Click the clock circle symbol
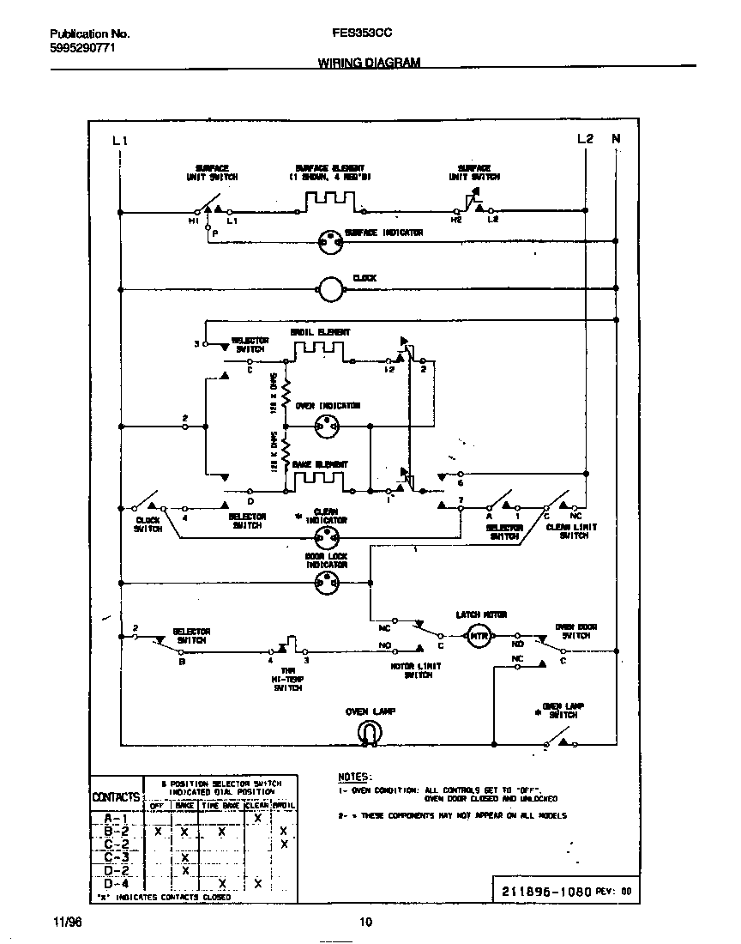point(330,290)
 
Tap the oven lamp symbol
point(369,730)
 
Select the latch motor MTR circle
point(477,635)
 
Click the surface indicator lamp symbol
point(330,243)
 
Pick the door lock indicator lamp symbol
point(328,584)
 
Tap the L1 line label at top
point(120,140)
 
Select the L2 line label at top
point(585,139)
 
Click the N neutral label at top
point(615,139)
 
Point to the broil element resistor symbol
point(319,353)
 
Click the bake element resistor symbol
point(319,481)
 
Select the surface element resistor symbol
point(329,200)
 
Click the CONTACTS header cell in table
point(116,797)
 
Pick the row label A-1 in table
point(116,819)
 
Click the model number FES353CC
point(363,34)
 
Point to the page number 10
point(365,923)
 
